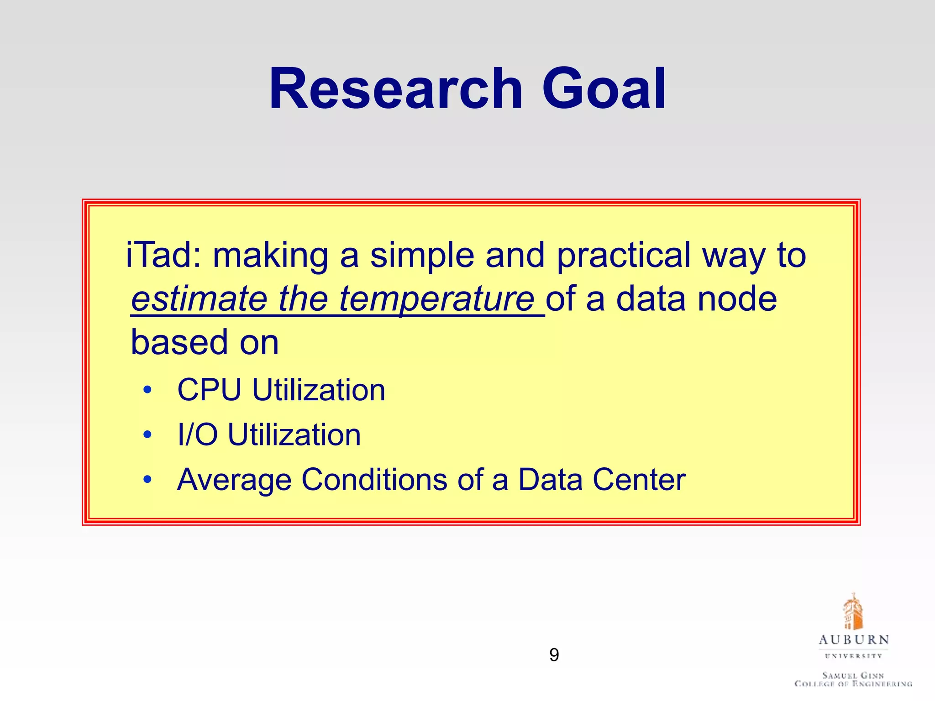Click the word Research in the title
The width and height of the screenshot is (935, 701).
(395, 89)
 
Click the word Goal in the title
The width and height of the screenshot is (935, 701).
(604, 89)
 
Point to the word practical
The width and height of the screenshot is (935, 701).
(623, 256)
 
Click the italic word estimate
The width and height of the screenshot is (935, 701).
(199, 298)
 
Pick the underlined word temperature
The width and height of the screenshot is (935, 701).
(436, 299)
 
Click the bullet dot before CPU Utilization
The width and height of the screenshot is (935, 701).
(147, 390)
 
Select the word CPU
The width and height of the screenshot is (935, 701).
(209, 390)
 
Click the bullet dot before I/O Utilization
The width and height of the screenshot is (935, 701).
(147, 434)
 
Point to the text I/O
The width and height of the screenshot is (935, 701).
(197, 434)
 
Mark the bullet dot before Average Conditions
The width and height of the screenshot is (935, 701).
(147, 479)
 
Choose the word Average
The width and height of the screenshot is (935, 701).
(234, 480)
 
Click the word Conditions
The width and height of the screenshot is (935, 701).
(374, 480)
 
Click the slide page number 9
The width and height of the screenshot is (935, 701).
(554, 655)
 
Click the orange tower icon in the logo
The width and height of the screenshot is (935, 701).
(852, 612)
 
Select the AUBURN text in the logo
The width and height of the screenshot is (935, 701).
(853, 640)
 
